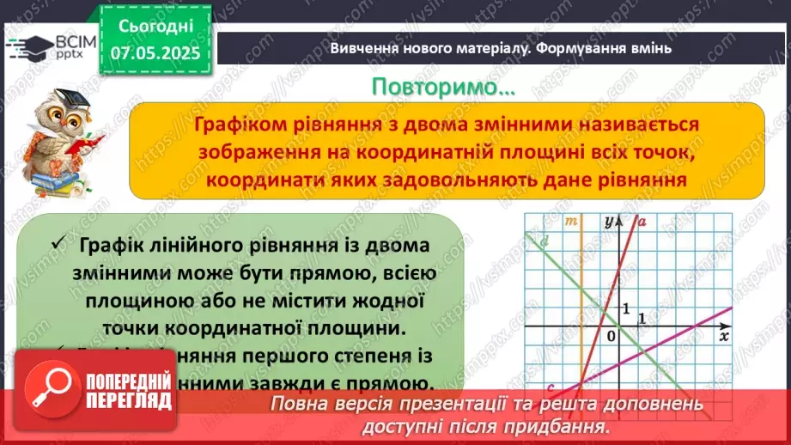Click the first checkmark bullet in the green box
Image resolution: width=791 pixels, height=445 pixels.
click(x=58, y=246)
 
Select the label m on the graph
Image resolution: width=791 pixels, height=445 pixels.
click(x=571, y=222)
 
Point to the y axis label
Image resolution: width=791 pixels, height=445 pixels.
click(x=609, y=221)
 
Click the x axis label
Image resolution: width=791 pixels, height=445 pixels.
click(x=724, y=335)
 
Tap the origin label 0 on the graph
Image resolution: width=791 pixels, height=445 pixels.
click(x=612, y=335)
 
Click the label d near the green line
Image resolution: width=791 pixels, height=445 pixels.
click(x=545, y=241)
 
